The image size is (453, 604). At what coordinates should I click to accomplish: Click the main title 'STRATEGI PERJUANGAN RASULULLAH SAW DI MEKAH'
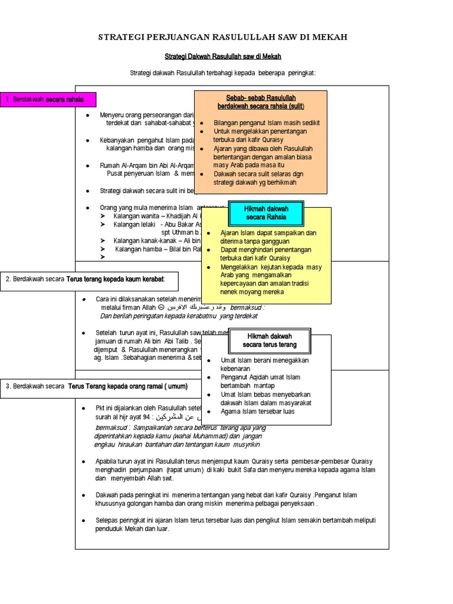coord(222,37)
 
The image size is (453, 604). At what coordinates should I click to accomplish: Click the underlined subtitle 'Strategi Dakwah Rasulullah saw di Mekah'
coord(222,56)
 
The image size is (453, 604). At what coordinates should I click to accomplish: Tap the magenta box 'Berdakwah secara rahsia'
coord(48,99)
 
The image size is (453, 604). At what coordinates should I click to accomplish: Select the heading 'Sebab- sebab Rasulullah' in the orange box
coord(261,97)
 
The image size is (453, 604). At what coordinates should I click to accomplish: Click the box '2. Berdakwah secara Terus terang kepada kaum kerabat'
coord(90,278)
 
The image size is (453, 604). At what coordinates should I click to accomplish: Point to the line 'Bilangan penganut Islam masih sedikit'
coord(267,123)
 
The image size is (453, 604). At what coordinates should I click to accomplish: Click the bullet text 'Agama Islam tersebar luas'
coord(257,411)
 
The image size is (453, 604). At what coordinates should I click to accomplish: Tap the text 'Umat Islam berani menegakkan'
coord(265,360)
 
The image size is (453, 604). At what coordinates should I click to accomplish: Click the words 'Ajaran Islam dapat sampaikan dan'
coord(268,232)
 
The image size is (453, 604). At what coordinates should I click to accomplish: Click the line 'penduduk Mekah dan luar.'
coord(133,528)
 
